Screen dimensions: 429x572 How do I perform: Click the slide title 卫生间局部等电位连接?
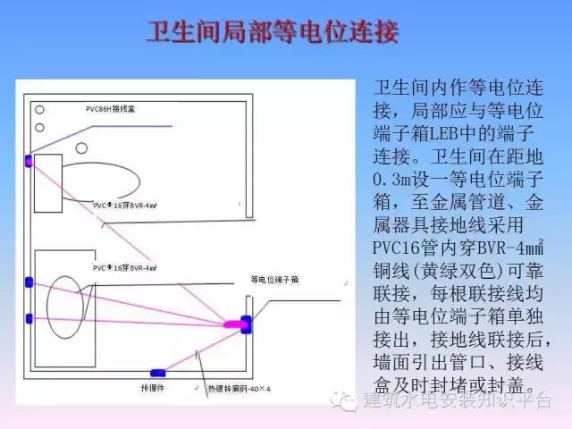pyautogui.click(x=273, y=36)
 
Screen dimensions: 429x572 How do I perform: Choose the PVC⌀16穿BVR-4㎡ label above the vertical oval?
pyautogui.click(x=125, y=267)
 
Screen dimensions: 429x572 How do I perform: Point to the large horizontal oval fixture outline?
pyautogui.click(x=99, y=182)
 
